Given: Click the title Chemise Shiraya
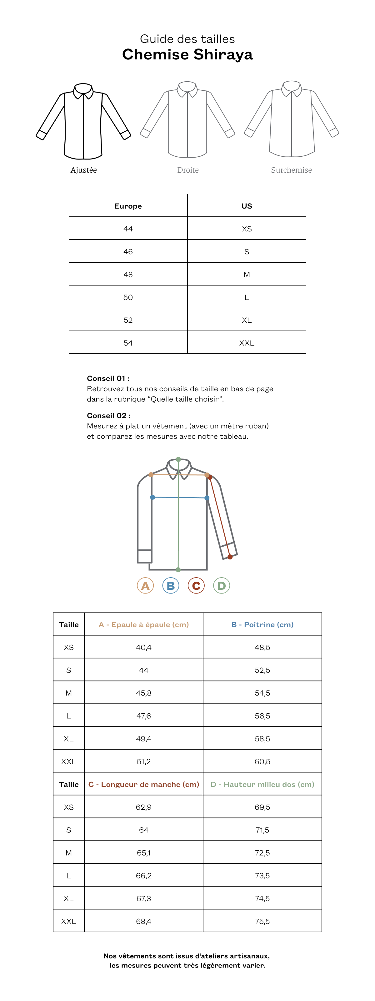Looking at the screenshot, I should pyautogui.click(x=187, y=54).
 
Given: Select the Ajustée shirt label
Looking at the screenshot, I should pyautogui.click(x=83, y=170).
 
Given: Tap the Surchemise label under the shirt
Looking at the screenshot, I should pyautogui.click(x=291, y=170).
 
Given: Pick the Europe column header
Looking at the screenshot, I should pyautogui.click(x=128, y=206).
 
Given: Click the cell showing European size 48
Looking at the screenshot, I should pyautogui.click(x=128, y=274).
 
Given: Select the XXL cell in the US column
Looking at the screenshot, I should pyautogui.click(x=247, y=343).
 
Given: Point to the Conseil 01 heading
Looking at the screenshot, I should pyautogui.click(x=108, y=378).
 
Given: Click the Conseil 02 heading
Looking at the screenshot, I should pyautogui.click(x=108, y=415).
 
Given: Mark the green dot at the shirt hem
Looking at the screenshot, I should pyautogui.click(x=178, y=570).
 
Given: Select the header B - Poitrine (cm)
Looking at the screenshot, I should pyautogui.click(x=262, y=624).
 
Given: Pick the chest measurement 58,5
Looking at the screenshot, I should pyautogui.click(x=262, y=738).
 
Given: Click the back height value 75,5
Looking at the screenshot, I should pyautogui.click(x=262, y=921).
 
